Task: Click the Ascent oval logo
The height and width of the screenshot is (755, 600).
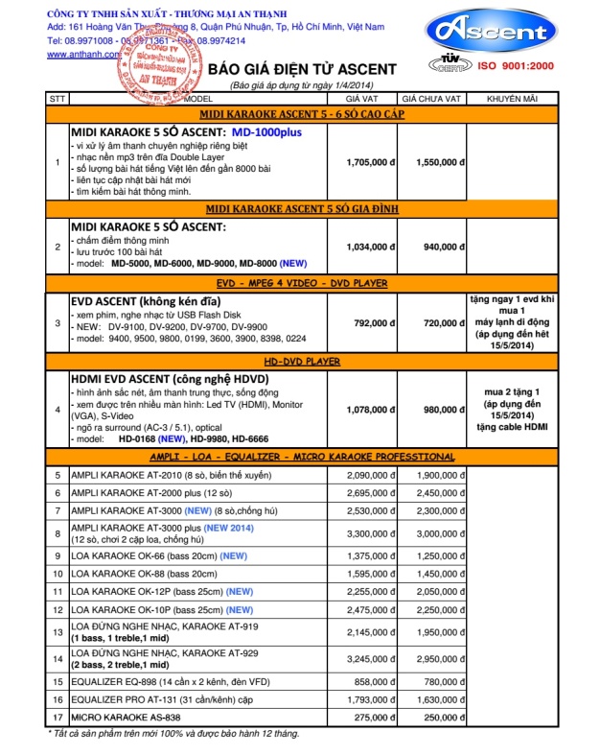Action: [492, 33]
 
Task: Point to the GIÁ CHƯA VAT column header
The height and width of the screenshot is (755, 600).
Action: [432, 99]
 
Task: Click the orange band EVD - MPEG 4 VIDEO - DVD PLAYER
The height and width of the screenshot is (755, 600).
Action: [302, 284]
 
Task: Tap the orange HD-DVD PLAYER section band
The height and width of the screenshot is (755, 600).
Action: [302, 361]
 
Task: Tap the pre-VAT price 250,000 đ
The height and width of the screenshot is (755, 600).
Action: [433, 718]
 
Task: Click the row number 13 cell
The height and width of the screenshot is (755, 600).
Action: [57, 632]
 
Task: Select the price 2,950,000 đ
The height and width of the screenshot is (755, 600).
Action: [433, 658]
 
